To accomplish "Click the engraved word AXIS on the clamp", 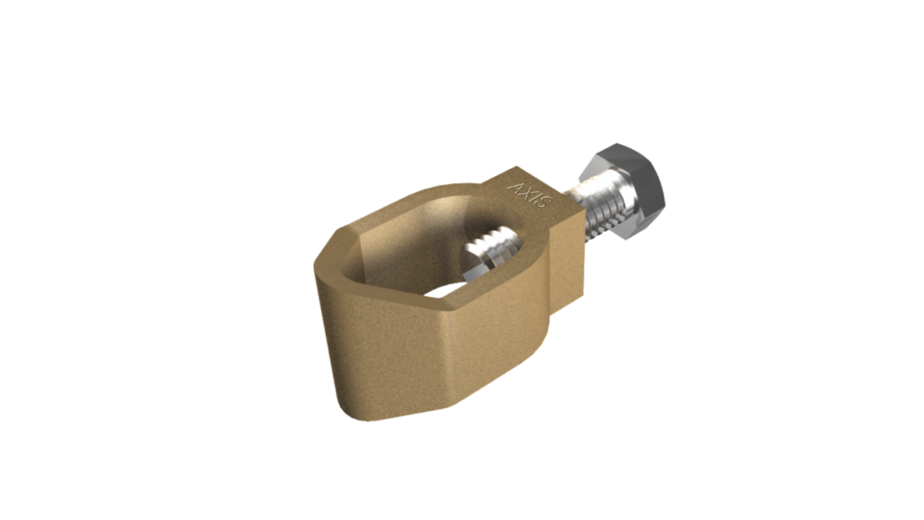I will pyautogui.click(x=528, y=197).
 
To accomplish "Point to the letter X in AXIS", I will pyautogui.click(x=524, y=193).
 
